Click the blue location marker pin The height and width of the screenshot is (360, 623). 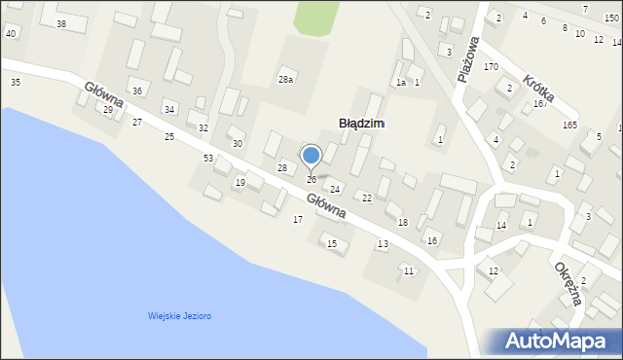pos(311,156)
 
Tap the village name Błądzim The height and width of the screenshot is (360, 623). pos(361,124)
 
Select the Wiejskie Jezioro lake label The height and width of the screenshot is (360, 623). pos(180,316)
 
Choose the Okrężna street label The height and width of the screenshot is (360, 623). pos(568,282)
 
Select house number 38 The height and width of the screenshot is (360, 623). pos(61,23)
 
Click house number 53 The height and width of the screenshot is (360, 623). pos(207,158)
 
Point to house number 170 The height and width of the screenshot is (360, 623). pos(491,67)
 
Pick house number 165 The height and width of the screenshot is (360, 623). pos(569,126)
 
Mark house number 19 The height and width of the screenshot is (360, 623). pos(240,183)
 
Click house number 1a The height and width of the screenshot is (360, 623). pos(400,83)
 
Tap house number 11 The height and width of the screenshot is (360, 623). pos(409,270)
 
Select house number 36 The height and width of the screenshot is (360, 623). pos(137,90)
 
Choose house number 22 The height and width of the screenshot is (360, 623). pos(367,198)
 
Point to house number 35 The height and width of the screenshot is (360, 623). pos(15,83)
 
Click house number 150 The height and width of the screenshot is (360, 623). pos(610,18)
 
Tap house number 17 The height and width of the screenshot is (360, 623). pos(298,220)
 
